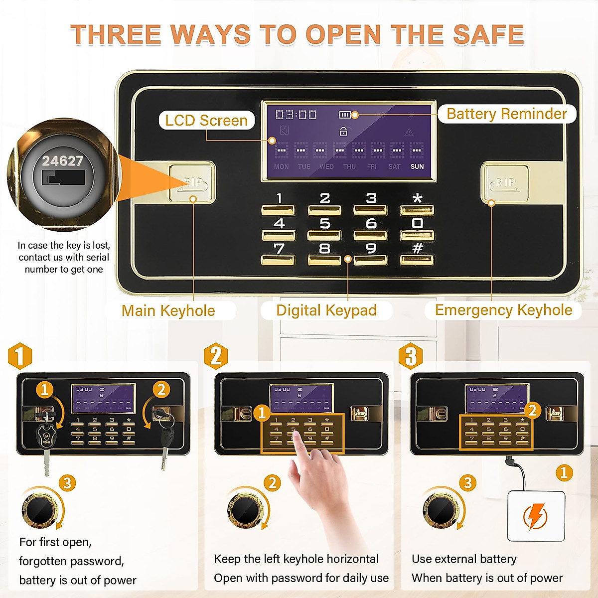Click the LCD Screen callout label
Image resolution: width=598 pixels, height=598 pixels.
[206, 121]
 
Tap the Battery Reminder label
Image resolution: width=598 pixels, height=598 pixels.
[506, 114]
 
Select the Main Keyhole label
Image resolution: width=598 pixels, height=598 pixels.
[168, 310]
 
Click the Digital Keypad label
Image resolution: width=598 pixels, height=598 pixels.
[326, 310]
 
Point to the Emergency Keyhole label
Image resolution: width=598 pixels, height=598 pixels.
[503, 310]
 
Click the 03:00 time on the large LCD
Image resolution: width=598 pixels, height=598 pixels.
[297, 115]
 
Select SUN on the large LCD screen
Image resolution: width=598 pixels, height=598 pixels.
[417, 166]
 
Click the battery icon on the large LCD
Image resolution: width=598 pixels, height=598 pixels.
[345, 115]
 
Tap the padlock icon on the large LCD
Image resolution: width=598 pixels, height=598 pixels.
[343, 132]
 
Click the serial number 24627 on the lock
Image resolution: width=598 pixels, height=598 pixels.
[62, 161]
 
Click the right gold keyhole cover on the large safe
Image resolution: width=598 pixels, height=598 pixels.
[505, 183]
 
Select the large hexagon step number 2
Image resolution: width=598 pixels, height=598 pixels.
[216, 356]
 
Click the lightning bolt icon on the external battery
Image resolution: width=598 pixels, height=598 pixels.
[536, 516]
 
